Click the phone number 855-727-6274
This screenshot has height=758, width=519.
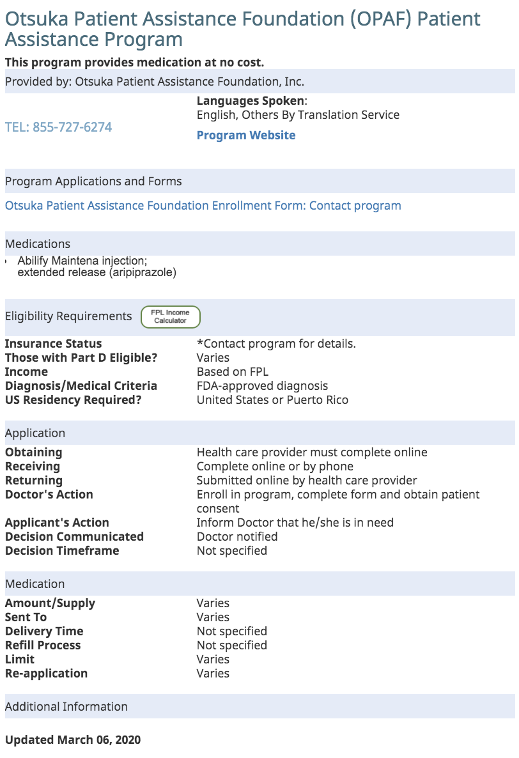pyautogui.click(x=58, y=127)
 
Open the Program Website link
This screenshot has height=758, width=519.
pyautogui.click(x=246, y=135)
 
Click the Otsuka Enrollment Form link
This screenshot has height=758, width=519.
pyautogui.click(x=203, y=206)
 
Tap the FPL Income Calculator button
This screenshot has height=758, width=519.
pyautogui.click(x=170, y=316)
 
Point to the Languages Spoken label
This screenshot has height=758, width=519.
pyautogui.click(x=251, y=101)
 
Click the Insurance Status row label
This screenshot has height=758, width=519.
pyautogui.click(x=53, y=344)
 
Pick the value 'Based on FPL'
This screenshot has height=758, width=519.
pyautogui.click(x=233, y=372)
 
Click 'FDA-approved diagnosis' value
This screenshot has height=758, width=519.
pyautogui.click(x=262, y=386)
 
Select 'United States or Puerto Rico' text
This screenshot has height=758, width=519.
pyautogui.click(x=272, y=400)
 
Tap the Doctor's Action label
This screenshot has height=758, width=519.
pyautogui.click(x=49, y=495)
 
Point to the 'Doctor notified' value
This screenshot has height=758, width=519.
pyautogui.click(x=237, y=537)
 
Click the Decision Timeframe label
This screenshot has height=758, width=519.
pyautogui.click(x=62, y=551)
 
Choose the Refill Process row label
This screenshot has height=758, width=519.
pyautogui.click(x=43, y=646)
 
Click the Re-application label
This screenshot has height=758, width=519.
pyautogui.click(x=46, y=674)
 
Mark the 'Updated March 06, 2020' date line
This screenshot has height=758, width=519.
pyautogui.click(x=73, y=740)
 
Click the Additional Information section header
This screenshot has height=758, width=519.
pyautogui.click(x=66, y=707)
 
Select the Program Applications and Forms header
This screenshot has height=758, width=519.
pyautogui.click(x=93, y=182)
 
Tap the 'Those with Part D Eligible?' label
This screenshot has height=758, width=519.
pyautogui.click(x=81, y=358)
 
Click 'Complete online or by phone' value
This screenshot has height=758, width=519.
pyautogui.click(x=275, y=467)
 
